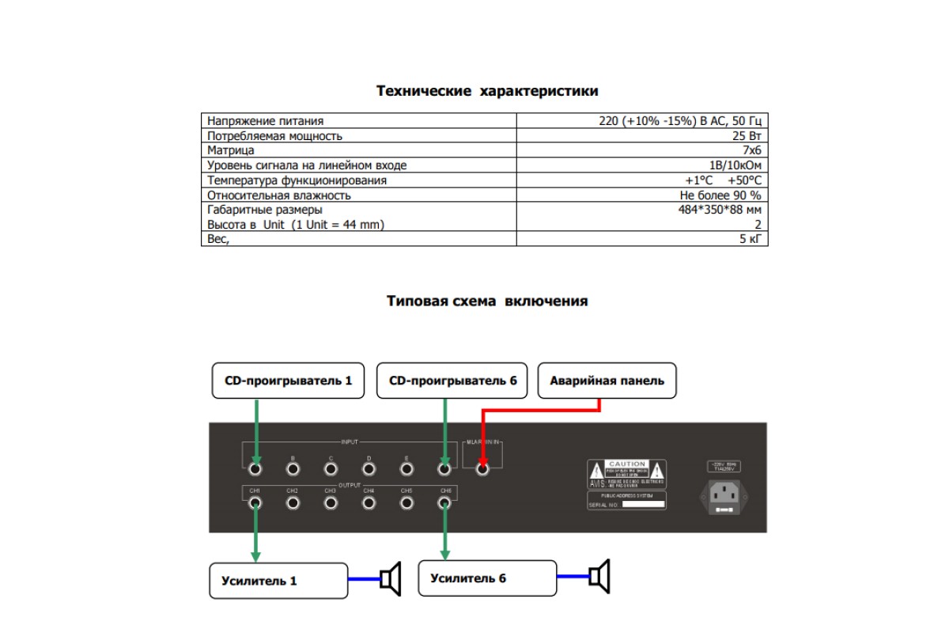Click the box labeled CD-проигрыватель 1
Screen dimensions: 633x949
(288, 381)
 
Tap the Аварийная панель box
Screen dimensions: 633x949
(607, 381)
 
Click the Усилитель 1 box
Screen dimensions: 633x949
(278, 581)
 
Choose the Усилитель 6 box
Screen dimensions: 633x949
(487, 578)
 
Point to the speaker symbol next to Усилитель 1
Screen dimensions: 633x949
(391, 578)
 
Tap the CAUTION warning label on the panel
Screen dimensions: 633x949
(626, 474)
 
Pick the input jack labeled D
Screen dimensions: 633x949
(369, 468)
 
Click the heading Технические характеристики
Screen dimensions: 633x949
(486, 91)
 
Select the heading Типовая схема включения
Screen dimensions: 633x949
(486, 301)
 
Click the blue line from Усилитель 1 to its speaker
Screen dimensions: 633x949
(364, 579)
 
